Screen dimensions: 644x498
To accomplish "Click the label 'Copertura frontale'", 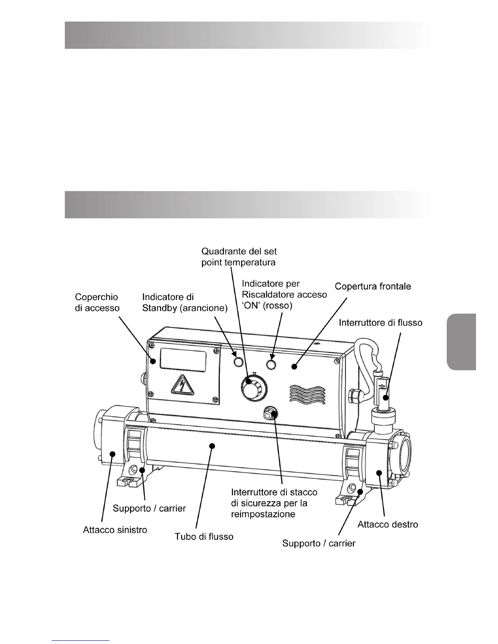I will tap(373, 287).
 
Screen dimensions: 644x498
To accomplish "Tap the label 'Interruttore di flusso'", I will tap(381, 323).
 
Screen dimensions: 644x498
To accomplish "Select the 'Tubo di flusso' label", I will tap(204, 537).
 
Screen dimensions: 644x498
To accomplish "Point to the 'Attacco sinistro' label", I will tap(115, 530).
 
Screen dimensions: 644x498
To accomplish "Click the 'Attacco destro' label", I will tap(387, 524).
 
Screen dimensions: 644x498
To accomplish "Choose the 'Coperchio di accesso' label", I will tap(97, 302).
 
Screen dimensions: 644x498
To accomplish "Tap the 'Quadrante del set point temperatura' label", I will tap(239, 257).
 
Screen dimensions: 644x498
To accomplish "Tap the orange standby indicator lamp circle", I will tap(238, 361).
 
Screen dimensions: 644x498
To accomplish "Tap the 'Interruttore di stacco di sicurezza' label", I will tap(274, 503).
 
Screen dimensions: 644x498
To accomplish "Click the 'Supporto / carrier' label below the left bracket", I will tap(149, 508).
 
